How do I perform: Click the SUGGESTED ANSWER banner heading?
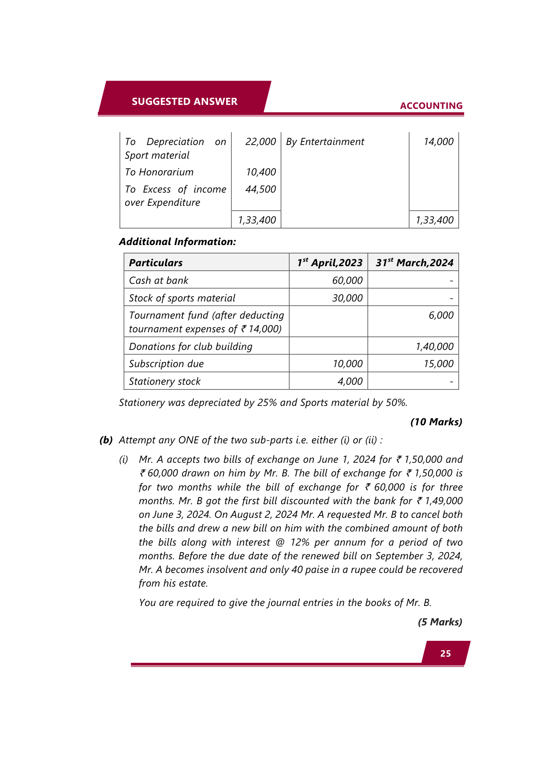(x=184, y=101)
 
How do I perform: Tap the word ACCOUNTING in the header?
(x=431, y=106)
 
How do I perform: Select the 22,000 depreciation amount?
(x=260, y=142)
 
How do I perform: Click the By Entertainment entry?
(x=325, y=142)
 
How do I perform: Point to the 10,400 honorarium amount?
(x=261, y=172)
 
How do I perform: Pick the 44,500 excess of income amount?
(x=260, y=190)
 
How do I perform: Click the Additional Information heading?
(x=177, y=242)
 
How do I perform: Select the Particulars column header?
(x=156, y=263)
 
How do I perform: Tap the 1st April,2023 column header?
(x=330, y=263)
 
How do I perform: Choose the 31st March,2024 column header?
(x=414, y=263)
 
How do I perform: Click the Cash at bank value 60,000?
(x=347, y=281)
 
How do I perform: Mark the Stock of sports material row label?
(x=182, y=298)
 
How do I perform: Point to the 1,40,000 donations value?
(x=434, y=347)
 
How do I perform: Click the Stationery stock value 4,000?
(x=350, y=382)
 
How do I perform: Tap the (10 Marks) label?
(x=436, y=422)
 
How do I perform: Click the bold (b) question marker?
(x=106, y=440)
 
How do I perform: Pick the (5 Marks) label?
(x=439, y=622)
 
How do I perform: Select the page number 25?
(x=445, y=654)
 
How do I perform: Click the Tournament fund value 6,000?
(x=441, y=316)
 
